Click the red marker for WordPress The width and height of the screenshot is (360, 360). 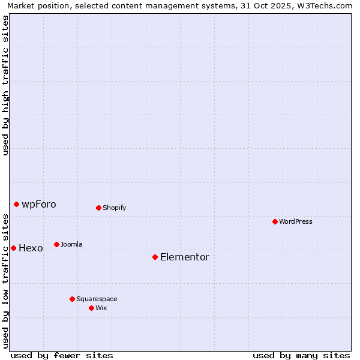pos(275,221)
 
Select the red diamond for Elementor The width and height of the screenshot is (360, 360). pos(155,257)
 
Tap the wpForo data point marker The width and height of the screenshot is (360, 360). pos(16,204)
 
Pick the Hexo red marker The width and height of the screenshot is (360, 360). pos(13,248)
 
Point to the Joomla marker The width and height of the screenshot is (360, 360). pos(56,244)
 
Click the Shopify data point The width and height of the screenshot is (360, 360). pos(98,208)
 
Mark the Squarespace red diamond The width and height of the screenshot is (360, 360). pos(72,299)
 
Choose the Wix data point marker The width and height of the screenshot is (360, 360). pos(91,308)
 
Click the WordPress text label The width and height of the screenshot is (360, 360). pos(296,221)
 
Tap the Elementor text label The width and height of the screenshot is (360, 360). pos(185,257)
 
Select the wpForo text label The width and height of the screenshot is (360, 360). pos(39,204)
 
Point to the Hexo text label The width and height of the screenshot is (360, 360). pos(31,248)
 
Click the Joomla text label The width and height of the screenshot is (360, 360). pos(71,244)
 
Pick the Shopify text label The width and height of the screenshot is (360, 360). pos(115,208)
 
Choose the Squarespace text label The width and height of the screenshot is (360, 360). pos(97,299)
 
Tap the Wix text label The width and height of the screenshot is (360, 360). pos(101,308)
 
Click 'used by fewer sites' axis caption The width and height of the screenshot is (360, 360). pos(62,355)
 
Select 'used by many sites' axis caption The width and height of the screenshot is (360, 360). pos(301,355)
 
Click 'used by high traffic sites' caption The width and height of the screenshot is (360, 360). pos(6,85)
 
